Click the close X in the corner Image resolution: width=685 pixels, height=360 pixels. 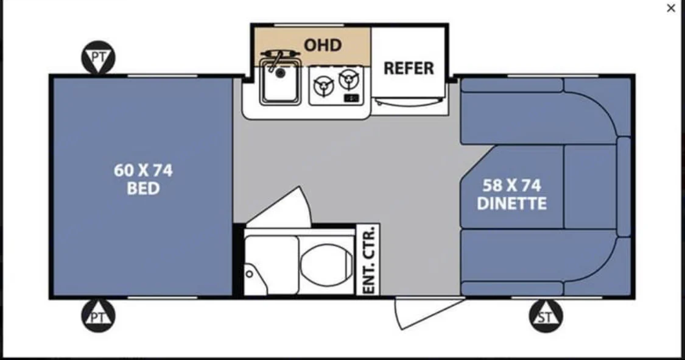click(x=671, y=9)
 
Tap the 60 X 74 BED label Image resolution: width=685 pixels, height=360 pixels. click(x=143, y=179)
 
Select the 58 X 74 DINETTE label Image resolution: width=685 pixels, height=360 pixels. click(x=511, y=194)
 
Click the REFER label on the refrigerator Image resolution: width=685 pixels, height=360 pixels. click(x=409, y=68)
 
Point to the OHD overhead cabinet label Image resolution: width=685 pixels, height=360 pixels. click(x=322, y=45)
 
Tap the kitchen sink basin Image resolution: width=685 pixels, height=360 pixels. click(x=280, y=82)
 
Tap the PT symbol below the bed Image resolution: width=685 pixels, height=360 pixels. click(x=98, y=316)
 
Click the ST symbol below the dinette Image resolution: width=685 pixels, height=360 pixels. click(x=546, y=316)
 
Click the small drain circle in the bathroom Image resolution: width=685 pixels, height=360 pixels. click(x=250, y=274)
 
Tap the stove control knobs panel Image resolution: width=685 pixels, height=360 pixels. click(x=351, y=98)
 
